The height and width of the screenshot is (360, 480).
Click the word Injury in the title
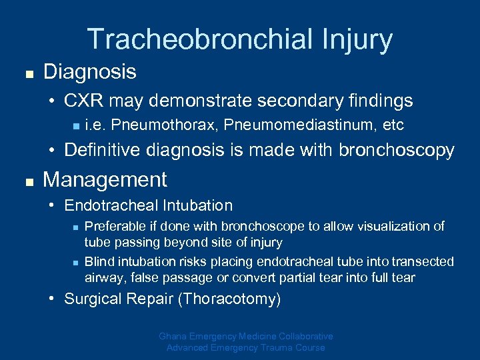tap(360, 39)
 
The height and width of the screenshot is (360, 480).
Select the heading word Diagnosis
tap(89, 71)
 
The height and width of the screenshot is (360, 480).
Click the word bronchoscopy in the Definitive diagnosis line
tap(397, 151)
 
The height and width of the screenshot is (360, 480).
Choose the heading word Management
tap(105, 179)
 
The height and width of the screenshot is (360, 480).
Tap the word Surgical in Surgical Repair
tap(91, 299)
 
